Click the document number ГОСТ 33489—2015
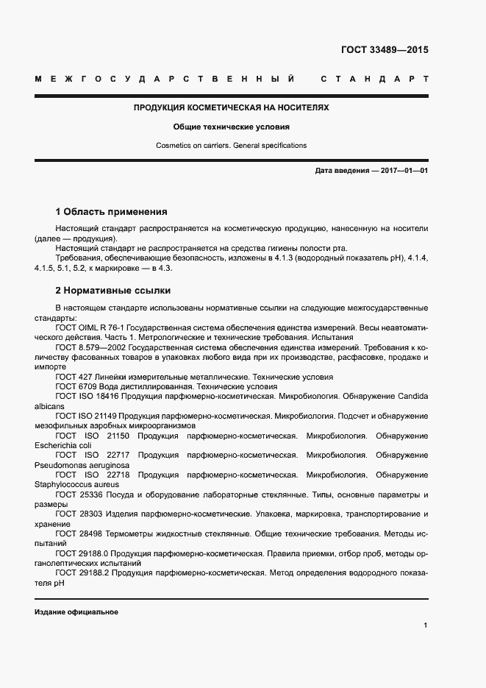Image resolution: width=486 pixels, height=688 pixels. click(384, 50)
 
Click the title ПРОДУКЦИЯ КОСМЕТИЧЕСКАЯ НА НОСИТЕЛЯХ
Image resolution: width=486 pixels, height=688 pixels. click(231, 107)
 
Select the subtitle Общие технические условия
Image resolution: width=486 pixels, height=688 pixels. click(231, 127)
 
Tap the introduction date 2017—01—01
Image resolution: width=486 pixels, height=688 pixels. click(404, 171)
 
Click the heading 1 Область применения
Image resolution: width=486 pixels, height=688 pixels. click(112, 211)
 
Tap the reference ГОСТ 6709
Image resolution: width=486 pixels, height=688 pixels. click(74, 386)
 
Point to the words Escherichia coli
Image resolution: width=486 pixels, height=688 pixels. click(63, 445)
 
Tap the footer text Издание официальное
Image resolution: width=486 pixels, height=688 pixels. click(76, 612)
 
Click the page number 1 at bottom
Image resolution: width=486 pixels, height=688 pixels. click(425, 625)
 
